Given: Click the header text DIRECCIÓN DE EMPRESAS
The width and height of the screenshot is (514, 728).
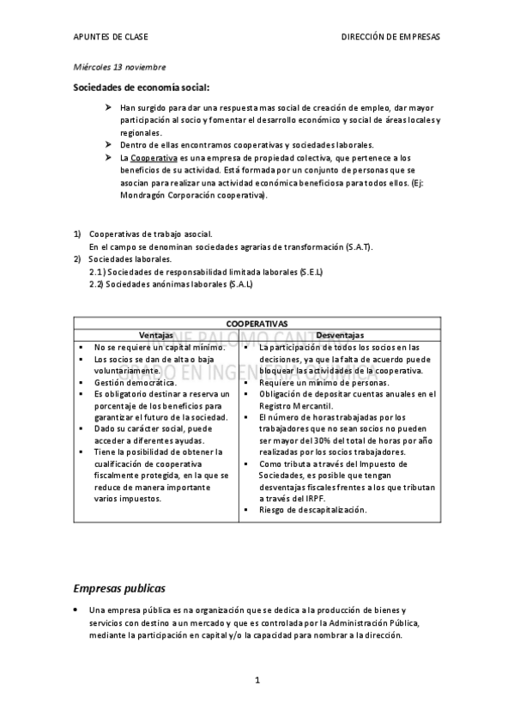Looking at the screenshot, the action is click(390, 38).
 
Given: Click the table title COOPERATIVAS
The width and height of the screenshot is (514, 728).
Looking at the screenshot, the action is click(257, 323).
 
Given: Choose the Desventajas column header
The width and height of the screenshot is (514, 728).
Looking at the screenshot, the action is click(340, 335).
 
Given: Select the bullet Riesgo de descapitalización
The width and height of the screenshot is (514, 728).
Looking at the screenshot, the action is click(300, 510).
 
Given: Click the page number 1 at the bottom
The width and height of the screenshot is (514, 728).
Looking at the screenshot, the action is click(257, 681).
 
